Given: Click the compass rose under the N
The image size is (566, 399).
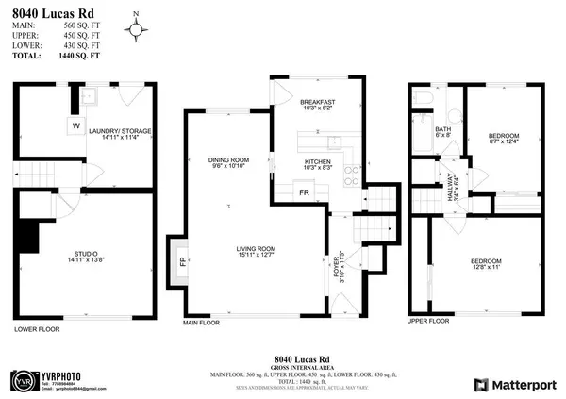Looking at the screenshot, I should [x=140, y=30].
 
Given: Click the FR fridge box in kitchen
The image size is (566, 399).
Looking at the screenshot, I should [x=304, y=192].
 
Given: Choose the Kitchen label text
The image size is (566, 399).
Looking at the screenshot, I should [x=316, y=161].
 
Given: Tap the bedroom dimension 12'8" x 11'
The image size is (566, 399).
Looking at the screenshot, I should [x=481, y=267].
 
